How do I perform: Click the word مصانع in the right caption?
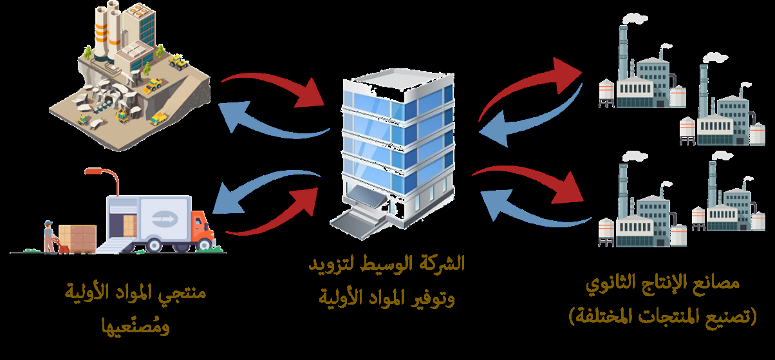click(x=717, y=283)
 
